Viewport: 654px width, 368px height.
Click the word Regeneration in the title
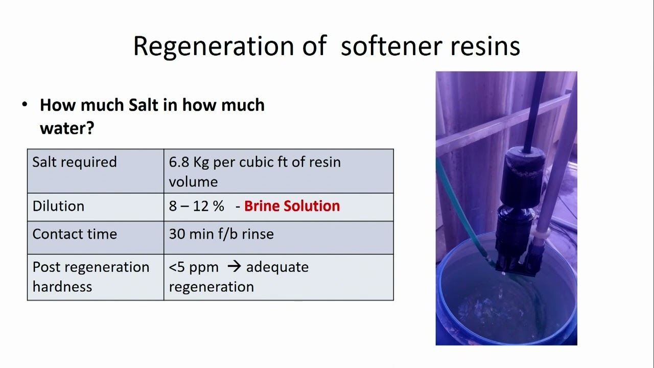pyautogui.click(x=214, y=47)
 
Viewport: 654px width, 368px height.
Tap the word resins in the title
pyautogui.click(x=485, y=46)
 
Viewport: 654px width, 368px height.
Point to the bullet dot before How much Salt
pyautogui.click(x=25, y=105)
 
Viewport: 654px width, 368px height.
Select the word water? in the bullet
pyautogui.click(x=67, y=128)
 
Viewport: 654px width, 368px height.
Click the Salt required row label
pyautogui.click(x=75, y=162)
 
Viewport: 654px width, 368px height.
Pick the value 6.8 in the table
pyautogui.click(x=179, y=162)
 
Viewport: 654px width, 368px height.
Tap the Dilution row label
pyautogui.click(x=58, y=206)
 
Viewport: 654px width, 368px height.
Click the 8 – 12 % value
pyautogui.click(x=197, y=206)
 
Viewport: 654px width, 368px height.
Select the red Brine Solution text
pyautogui.click(x=292, y=206)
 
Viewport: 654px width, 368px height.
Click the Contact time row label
pyautogui.click(x=75, y=234)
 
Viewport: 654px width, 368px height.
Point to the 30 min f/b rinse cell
pyautogui.click(x=221, y=234)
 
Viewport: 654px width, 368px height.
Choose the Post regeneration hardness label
pyautogui.click(x=91, y=277)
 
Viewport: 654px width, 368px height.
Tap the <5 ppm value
pyautogui.click(x=194, y=267)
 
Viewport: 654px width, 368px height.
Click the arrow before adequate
pyautogui.click(x=234, y=266)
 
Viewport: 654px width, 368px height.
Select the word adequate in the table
pyautogui.click(x=277, y=267)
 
